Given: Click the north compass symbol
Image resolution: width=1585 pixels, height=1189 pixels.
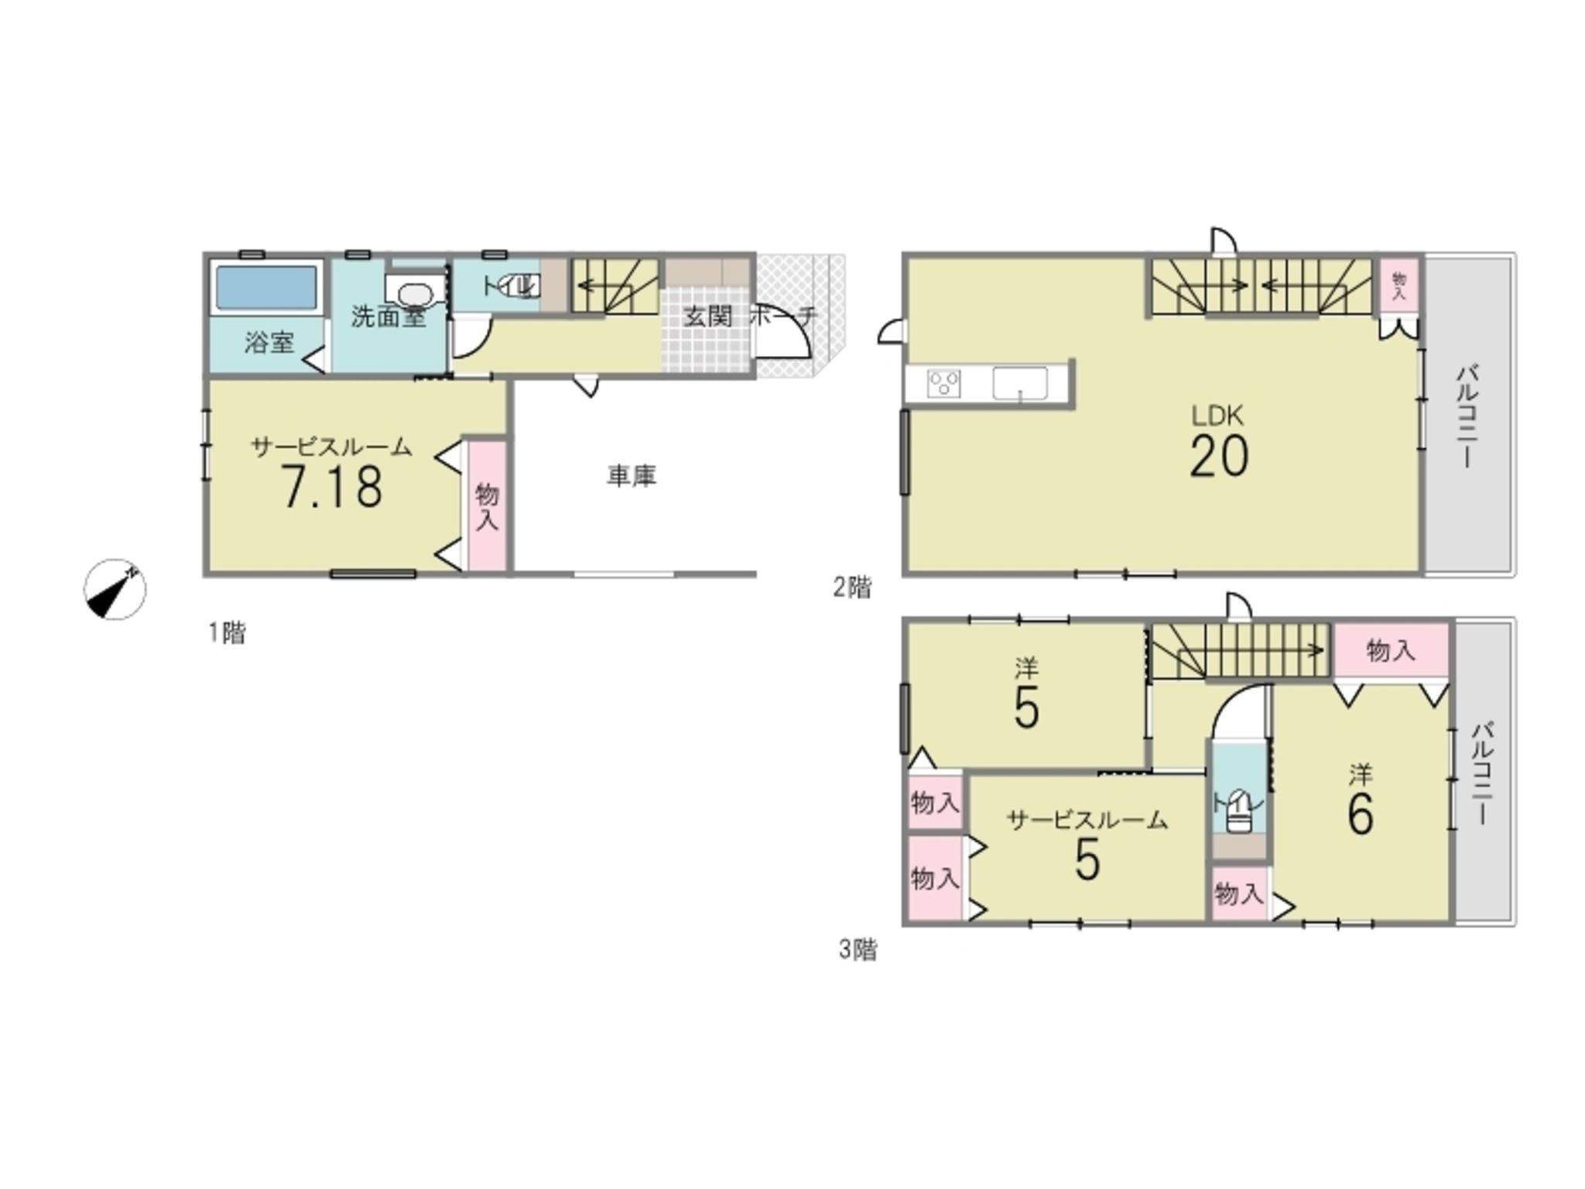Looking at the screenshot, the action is [x=115, y=589].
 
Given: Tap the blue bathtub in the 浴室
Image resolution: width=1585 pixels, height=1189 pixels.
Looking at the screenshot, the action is [x=266, y=288].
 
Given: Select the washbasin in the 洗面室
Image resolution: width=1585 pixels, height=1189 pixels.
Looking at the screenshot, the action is [x=416, y=294].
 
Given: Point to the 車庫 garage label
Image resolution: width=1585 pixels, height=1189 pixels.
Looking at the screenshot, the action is [x=632, y=475].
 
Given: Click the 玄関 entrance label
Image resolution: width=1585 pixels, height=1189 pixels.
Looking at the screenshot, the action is [x=707, y=316].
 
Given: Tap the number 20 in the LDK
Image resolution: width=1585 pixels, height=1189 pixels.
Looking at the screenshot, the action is [x=1219, y=456].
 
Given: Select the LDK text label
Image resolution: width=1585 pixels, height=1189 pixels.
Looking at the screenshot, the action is [x=1217, y=416].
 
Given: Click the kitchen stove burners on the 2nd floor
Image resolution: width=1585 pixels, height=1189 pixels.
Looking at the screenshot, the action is [x=944, y=384].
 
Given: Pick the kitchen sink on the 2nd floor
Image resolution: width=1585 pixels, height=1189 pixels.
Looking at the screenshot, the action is [x=1020, y=384].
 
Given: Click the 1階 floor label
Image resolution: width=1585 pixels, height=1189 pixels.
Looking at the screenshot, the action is [x=227, y=633].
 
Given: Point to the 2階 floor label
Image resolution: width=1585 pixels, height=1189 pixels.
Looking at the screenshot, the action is [x=852, y=588].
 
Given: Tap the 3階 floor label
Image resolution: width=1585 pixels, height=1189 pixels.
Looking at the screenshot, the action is [x=858, y=949].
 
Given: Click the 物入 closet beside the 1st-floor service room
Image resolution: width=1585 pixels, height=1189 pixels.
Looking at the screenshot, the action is [x=487, y=505].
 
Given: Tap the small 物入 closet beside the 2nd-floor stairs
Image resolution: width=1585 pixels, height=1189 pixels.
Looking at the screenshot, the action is [x=1399, y=286].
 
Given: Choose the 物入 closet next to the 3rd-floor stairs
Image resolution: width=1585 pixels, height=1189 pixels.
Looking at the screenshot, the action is [x=1390, y=650].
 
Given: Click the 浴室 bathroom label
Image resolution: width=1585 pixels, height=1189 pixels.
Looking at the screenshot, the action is [x=269, y=342].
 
